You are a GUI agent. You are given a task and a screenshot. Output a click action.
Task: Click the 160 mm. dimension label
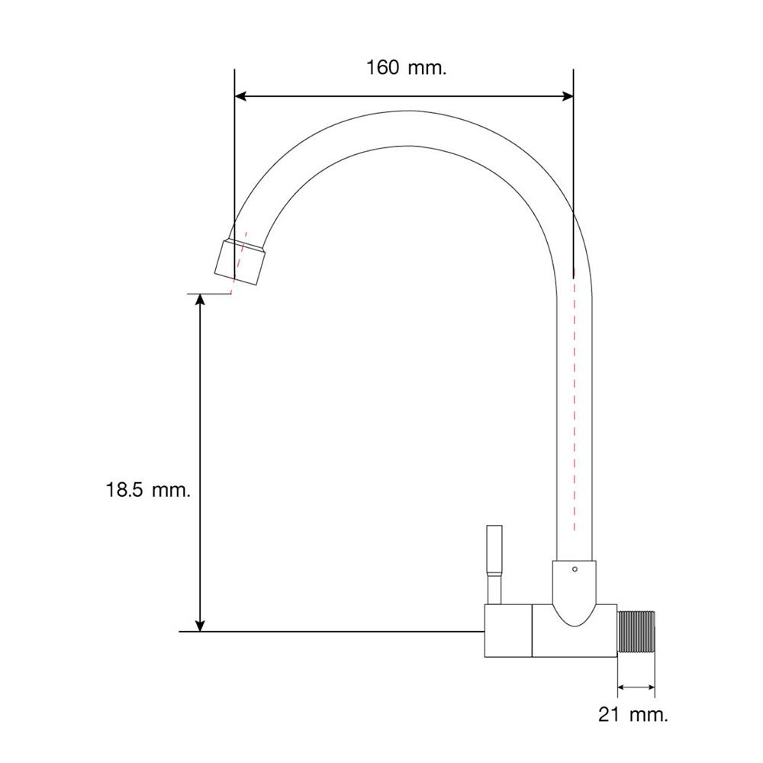point(407,68)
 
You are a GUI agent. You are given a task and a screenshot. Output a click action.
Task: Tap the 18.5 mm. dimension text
point(149,490)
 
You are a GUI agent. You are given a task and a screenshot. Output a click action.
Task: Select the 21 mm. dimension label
point(633,714)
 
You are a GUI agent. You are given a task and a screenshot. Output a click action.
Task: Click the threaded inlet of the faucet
point(636,631)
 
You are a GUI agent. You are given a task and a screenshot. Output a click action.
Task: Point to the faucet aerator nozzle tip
point(240,262)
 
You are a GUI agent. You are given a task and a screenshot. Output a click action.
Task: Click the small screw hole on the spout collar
point(575,569)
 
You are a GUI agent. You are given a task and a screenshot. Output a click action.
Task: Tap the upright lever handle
point(494,550)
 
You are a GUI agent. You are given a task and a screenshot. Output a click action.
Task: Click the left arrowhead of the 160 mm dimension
point(241,96)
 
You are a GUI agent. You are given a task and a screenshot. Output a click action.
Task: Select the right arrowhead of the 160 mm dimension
point(568,96)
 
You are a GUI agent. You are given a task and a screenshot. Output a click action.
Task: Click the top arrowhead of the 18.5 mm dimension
point(199,300)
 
